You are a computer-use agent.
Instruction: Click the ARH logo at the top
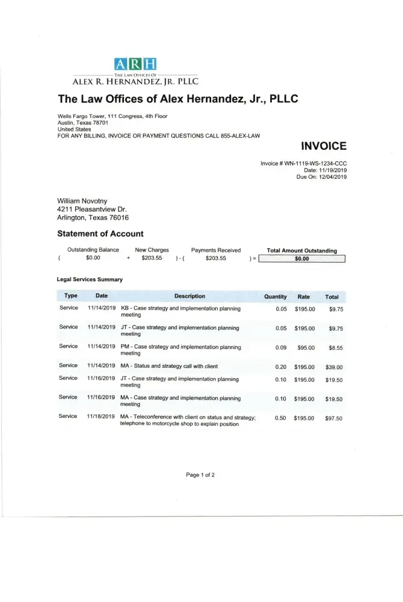click(135, 64)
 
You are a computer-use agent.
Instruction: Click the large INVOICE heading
click(324, 146)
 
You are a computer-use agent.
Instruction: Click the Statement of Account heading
click(100, 234)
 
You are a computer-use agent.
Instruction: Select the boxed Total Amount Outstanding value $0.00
click(301, 259)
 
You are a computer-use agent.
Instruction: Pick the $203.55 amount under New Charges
click(152, 258)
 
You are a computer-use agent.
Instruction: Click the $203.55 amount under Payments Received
click(215, 258)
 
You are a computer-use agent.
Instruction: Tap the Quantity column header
click(275, 296)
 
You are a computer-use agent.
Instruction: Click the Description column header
click(189, 296)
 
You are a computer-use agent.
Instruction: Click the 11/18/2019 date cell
click(101, 417)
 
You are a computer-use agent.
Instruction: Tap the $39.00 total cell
click(334, 367)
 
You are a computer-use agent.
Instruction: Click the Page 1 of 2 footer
click(200, 475)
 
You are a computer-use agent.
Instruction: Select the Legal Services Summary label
click(90, 279)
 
